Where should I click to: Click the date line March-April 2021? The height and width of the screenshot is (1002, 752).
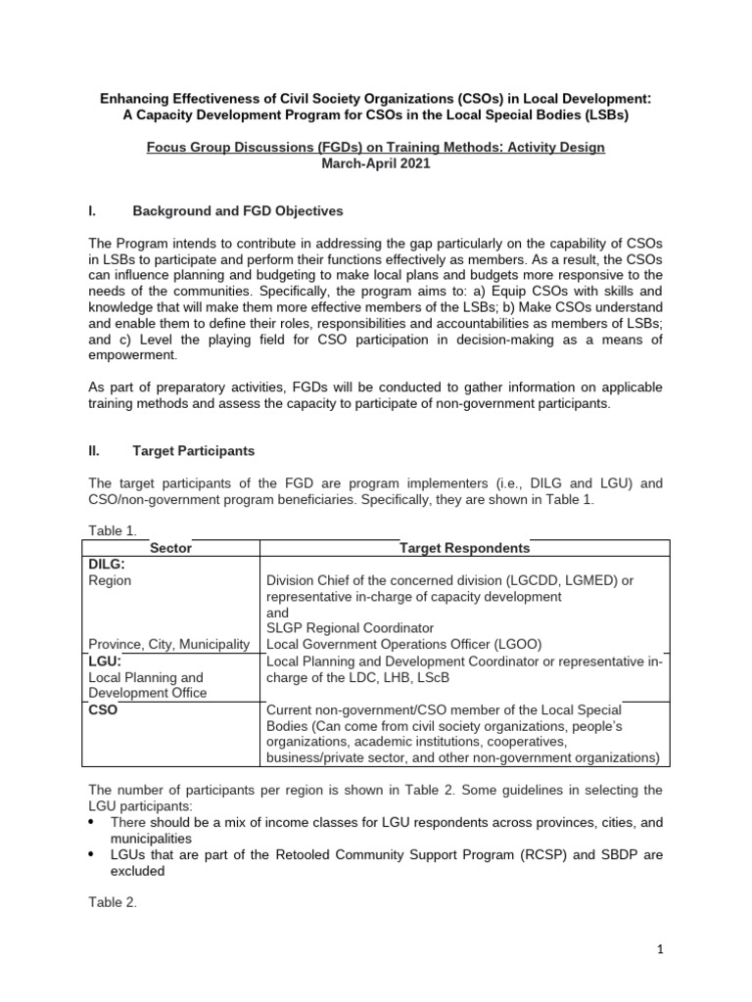pos(375,163)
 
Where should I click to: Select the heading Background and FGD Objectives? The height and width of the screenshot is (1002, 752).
pos(238,210)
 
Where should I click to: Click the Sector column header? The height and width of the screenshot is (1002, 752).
pos(170,549)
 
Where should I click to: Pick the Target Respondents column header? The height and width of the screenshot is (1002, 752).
pos(464,549)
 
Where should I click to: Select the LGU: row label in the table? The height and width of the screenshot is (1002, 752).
pos(105,661)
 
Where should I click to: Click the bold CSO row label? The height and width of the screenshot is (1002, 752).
pos(103,710)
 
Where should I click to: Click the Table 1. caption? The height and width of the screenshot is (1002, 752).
pos(113,530)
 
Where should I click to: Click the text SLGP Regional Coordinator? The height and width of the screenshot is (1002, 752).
pos(350,627)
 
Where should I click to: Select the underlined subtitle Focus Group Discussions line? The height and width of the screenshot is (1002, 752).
pos(375,147)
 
